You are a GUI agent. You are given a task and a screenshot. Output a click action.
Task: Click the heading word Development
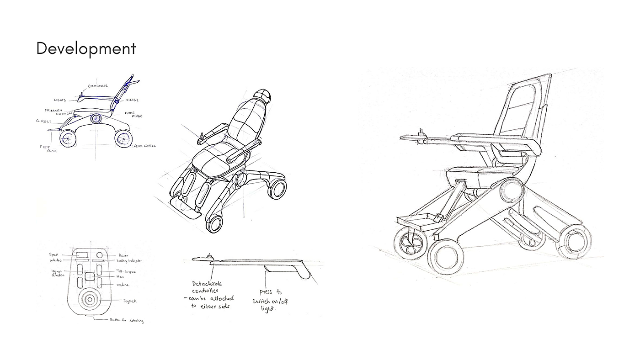86,48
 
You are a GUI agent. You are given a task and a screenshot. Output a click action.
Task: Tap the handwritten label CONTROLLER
98,86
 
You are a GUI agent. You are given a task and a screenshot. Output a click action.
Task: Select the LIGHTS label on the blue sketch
60,100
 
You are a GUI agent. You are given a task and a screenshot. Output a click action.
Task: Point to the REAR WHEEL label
144,146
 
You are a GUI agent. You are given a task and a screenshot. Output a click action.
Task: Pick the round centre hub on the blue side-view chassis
96,119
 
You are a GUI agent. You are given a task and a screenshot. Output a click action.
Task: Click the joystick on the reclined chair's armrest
200,136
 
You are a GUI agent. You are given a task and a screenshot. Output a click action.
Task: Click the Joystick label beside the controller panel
130,301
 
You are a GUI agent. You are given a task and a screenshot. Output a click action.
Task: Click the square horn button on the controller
90,276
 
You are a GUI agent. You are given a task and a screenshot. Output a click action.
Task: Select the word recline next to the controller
122,285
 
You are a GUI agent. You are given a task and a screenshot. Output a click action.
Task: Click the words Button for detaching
126,320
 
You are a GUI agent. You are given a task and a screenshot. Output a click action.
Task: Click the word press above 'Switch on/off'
266,292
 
